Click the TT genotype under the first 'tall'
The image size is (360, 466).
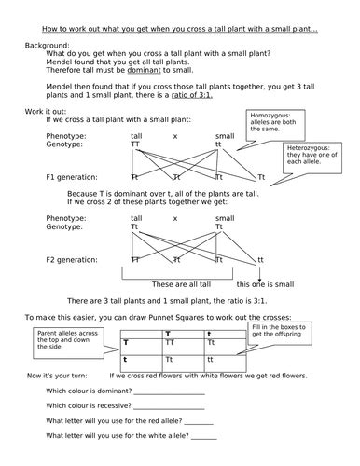tap(136, 144)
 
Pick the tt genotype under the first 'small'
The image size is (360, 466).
tap(219, 144)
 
